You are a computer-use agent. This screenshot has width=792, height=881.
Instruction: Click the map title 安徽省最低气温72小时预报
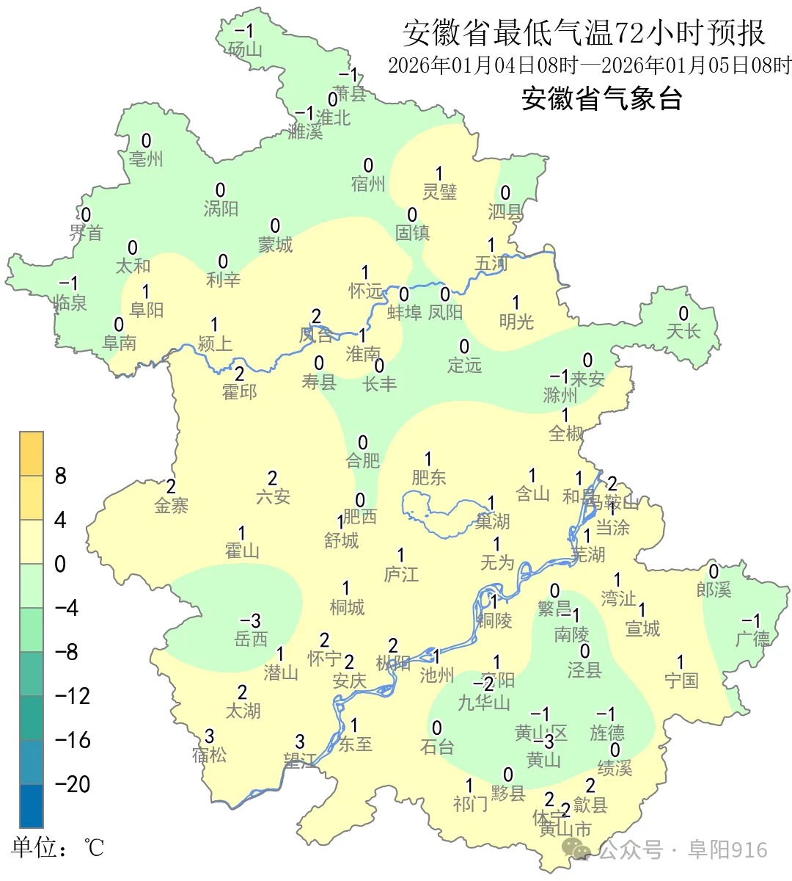pyautogui.click(x=584, y=33)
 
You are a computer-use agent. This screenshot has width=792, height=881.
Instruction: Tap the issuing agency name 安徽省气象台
pyautogui.click(x=601, y=98)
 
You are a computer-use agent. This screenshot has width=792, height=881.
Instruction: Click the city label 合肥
pyautogui.click(x=363, y=460)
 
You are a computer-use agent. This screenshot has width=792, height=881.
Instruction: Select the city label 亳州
pyautogui.click(x=146, y=159)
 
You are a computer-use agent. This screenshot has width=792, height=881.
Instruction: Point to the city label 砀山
pyautogui.click(x=245, y=49)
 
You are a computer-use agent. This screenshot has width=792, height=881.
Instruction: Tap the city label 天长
pyautogui.click(x=683, y=331)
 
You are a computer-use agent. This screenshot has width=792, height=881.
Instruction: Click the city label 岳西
pyautogui.click(x=251, y=639)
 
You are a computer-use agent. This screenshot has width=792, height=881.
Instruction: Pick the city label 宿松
pyautogui.click(x=209, y=754)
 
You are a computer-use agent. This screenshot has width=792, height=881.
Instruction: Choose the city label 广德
pyautogui.click(x=752, y=639)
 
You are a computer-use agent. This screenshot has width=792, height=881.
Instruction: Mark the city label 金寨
pyautogui.click(x=171, y=505)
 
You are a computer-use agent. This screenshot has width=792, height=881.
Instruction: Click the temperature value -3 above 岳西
pyautogui.click(x=251, y=621)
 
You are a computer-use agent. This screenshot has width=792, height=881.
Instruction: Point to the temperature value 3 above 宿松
pyautogui.click(x=209, y=736)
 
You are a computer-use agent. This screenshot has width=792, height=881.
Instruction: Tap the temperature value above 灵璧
pyautogui.click(x=439, y=173)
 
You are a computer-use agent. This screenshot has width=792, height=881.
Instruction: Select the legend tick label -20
pyautogui.click(x=73, y=784)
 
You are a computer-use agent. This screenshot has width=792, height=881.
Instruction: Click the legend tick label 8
pyautogui.click(x=61, y=476)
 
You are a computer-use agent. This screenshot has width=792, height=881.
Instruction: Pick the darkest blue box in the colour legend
pyautogui.click(x=32, y=806)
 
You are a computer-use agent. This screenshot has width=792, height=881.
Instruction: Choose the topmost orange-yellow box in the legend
pyautogui.click(x=32, y=454)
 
